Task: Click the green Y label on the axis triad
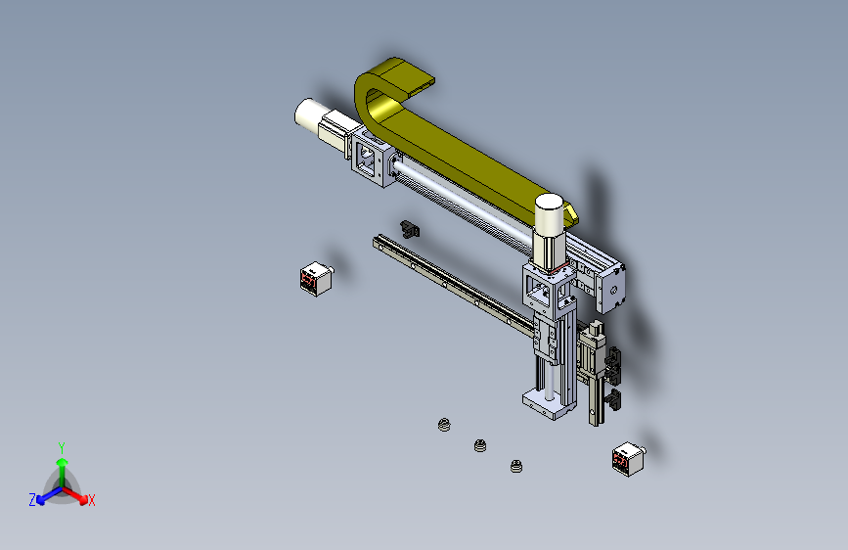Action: click(62, 447)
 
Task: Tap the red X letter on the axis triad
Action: click(91, 500)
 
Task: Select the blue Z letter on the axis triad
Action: click(32, 500)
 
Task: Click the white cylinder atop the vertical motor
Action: click(550, 211)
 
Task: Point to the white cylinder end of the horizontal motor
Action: click(306, 114)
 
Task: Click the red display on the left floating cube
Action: click(308, 280)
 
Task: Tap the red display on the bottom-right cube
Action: click(620, 461)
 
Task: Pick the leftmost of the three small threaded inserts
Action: click(444, 425)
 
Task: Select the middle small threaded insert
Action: click(479, 445)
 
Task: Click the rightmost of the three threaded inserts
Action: click(516, 466)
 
